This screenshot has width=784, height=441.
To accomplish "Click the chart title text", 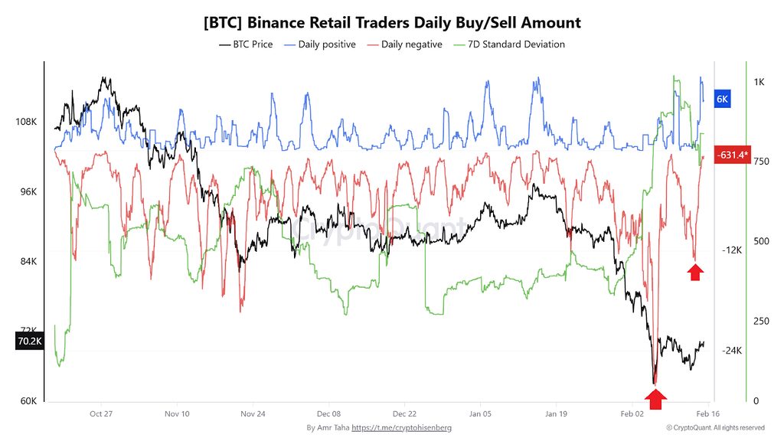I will tap(392, 22).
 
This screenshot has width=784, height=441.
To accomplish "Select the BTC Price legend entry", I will tap(246, 44).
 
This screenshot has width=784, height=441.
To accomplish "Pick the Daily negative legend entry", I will tap(405, 44).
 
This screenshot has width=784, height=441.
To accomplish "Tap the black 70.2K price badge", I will tap(28, 341).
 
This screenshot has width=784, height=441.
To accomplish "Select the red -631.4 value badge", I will tap(731, 155).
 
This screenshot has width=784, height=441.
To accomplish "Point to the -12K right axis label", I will tap(733, 250).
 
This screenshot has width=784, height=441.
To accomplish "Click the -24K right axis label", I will tap(733, 351).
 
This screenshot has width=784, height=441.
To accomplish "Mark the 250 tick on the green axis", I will tap(761, 321).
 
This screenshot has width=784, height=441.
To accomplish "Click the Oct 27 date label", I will tap(101, 413).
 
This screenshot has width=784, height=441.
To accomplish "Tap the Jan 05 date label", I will tap(481, 413).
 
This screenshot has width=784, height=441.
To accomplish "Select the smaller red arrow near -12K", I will tap(695, 272).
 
